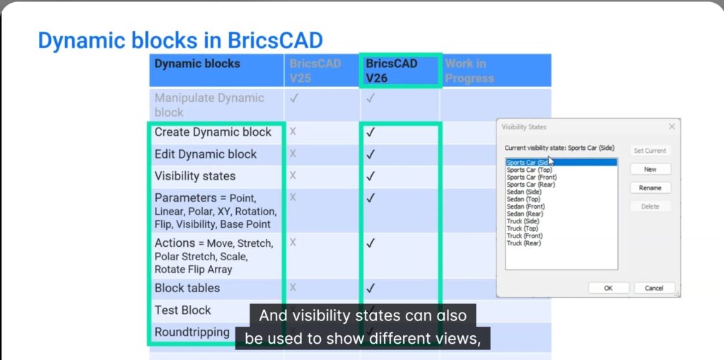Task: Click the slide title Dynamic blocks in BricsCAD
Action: click(x=180, y=40)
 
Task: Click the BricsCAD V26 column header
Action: click(x=392, y=70)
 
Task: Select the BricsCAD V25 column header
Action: click(x=315, y=70)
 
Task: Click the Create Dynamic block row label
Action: click(x=213, y=132)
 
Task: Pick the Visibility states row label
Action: click(x=195, y=176)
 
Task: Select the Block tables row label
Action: click(x=187, y=288)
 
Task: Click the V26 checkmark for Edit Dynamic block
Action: click(x=370, y=154)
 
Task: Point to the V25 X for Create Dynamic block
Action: click(x=293, y=132)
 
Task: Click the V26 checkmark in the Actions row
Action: click(x=370, y=243)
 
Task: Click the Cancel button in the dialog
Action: click(x=654, y=288)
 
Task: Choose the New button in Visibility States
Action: click(x=650, y=169)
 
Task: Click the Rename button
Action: click(x=650, y=188)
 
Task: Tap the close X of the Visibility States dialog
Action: click(x=671, y=127)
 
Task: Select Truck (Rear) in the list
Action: click(x=525, y=243)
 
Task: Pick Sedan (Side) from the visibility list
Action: click(x=524, y=192)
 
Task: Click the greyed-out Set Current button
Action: click(x=650, y=151)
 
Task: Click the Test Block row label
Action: click(x=182, y=310)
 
